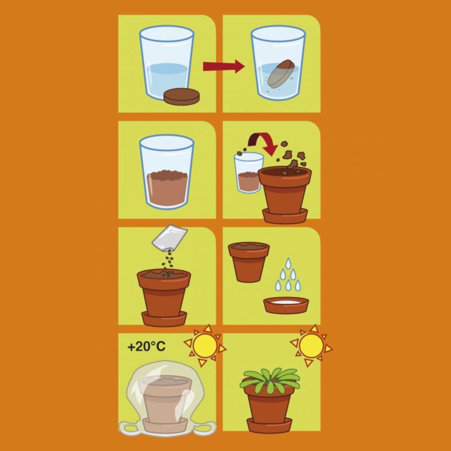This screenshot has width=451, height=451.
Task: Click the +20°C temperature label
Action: coord(147,347)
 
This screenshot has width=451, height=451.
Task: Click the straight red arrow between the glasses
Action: coord(224,67)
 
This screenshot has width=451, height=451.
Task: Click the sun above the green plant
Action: coord(311,345)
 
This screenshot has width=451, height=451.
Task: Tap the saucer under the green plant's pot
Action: coord(269,424)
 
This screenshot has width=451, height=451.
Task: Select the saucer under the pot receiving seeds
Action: coord(165,318)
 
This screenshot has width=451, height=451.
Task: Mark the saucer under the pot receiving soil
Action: coord(285,215)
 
